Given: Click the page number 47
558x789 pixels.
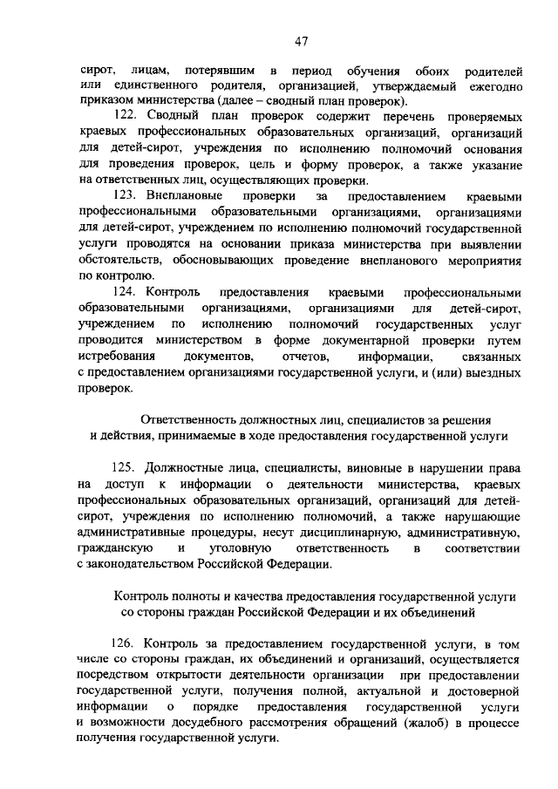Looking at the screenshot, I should click(x=301, y=40).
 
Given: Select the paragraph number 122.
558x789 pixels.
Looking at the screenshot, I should click(x=126, y=117).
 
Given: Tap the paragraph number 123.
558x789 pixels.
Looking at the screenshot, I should click(x=126, y=196).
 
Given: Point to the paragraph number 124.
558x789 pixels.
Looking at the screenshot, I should click(x=126, y=292).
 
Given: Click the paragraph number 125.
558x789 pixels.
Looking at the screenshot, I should click(x=126, y=467).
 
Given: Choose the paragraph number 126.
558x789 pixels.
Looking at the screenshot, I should click(x=126, y=643).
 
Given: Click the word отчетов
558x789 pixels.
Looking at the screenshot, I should click(x=307, y=357).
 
